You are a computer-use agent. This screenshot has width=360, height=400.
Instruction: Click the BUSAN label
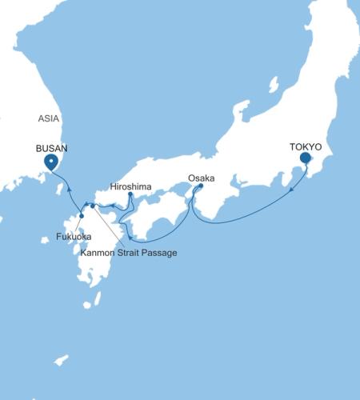point(50,148)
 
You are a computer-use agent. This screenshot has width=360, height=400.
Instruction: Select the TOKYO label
point(305,148)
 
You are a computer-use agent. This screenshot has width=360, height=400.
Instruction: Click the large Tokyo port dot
point(305,158)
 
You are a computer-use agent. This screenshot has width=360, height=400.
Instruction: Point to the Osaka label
point(201,178)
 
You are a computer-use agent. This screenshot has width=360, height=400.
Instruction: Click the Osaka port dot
point(200,186)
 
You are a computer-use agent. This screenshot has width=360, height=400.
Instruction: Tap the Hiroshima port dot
point(130,194)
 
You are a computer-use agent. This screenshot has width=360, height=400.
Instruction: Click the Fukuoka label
point(74,238)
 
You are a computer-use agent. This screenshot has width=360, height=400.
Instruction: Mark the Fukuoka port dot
point(82,216)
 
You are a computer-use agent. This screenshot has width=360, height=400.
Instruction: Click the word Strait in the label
point(130,253)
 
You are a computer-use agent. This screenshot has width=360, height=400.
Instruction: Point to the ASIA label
point(50,118)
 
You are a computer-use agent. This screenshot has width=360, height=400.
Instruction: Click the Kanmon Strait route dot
point(93,206)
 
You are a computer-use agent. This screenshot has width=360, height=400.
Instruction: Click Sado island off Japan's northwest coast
point(273,84)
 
